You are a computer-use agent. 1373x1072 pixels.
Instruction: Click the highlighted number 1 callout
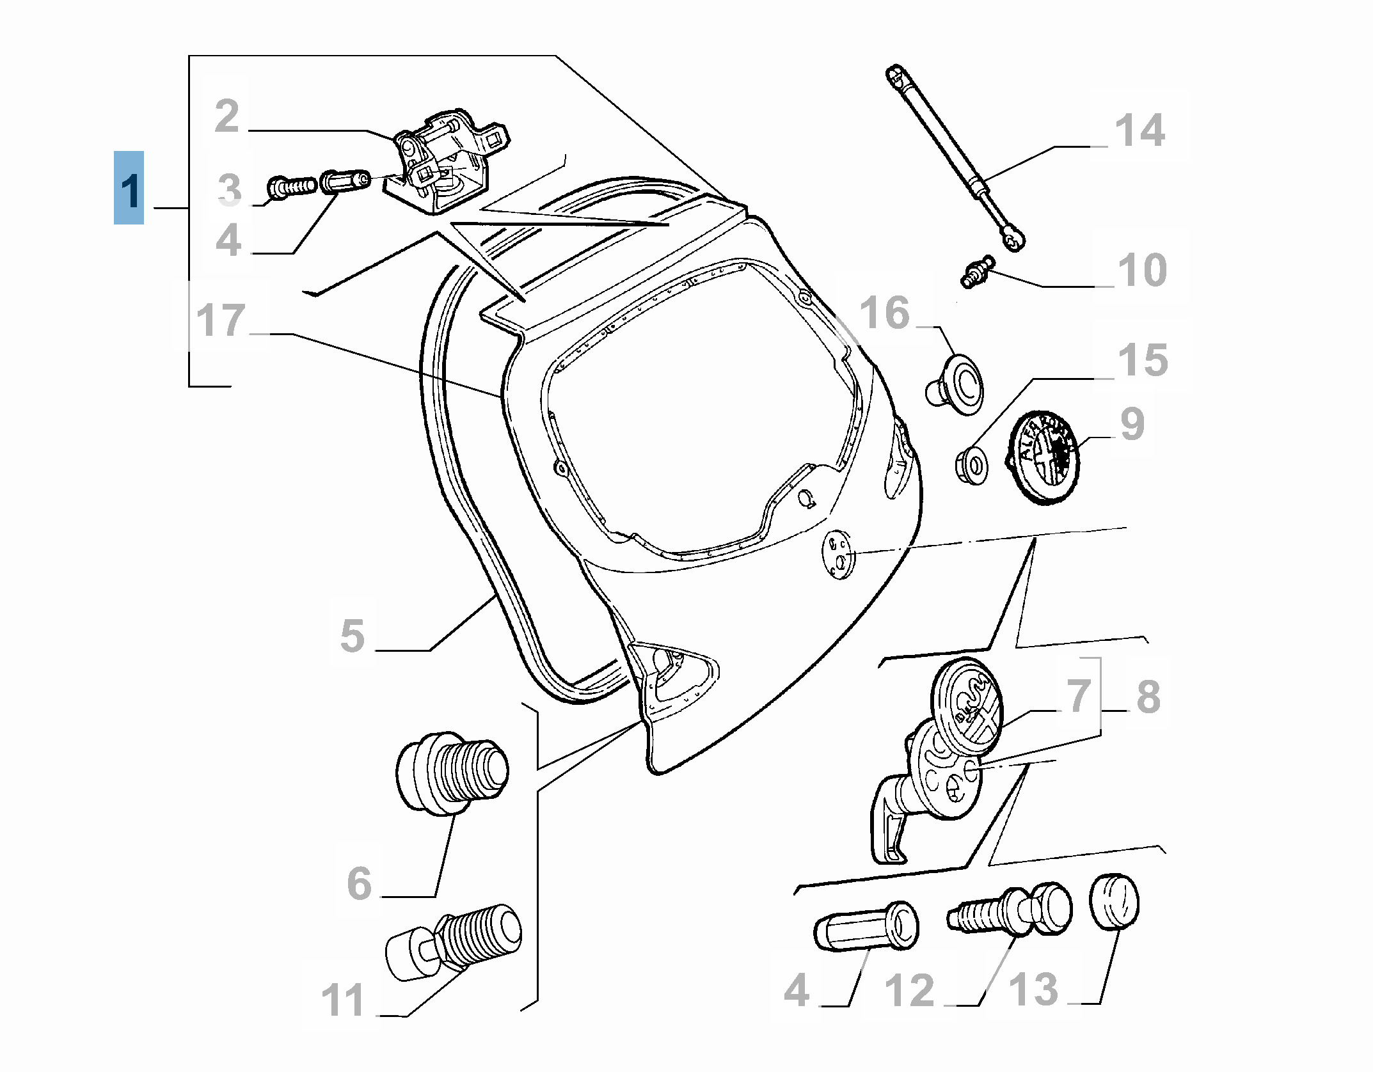(x=129, y=188)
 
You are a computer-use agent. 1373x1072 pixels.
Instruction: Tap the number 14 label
(x=1139, y=131)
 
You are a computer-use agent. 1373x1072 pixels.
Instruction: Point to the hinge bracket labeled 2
(x=448, y=163)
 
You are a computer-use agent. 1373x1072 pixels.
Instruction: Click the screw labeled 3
(x=291, y=187)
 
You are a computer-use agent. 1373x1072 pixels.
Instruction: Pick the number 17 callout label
(x=221, y=320)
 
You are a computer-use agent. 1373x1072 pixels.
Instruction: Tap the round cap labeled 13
(x=1115, y=903)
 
